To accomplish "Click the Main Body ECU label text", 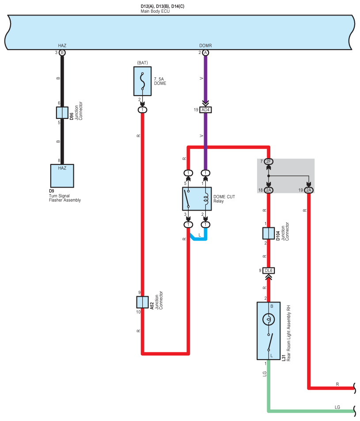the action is pyautogui.click(x=155, y=11).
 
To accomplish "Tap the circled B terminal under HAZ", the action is pyautogui.click(x=62, y=53).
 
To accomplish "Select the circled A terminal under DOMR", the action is pyautogui.click(x=205, y=53).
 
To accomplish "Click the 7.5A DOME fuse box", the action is pyautogui.click(x=142, y=81).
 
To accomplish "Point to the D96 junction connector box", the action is pyautogui.click(x=62, y=113).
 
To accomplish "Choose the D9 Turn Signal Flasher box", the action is pyautogui.click(x=62, y=176).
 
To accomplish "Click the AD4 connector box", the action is pyautogui.click(x=205, y=110).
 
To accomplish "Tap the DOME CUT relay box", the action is pyautogui.click(x=197, y=199).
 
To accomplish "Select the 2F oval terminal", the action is pyautogui.click(x=269, y=161).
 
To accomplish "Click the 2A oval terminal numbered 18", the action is pyautogui.click(x=269, y=190).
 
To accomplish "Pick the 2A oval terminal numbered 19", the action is pyautogui.click(x=309, y=190).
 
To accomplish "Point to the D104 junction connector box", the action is pyautogui.click(x=268, y=233).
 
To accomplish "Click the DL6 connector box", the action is pyautogui.click(x=269, y=271).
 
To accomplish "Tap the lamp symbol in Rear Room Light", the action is pyautogui.click(x=269, y=319).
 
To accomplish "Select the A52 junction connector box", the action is pyautogui.click(x=142, y=302).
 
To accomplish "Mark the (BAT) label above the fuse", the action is pyautogui.click(x=142, y=63).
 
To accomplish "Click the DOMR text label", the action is pyautogui.click(x=205, y=46).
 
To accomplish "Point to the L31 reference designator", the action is pyautogui.click(x=284, y=358).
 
